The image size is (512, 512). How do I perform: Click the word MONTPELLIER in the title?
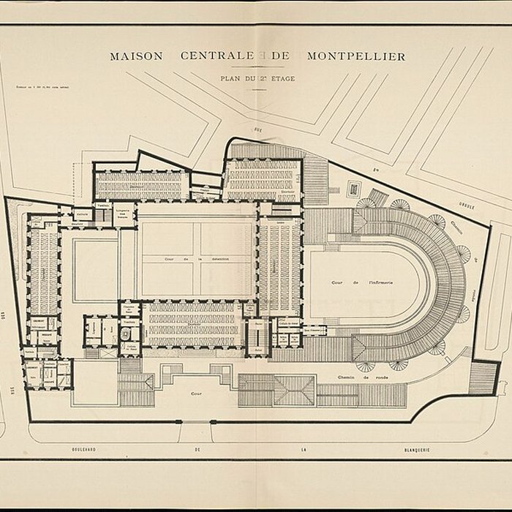pos(356,56)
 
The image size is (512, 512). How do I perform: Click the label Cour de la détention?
pos(198,259)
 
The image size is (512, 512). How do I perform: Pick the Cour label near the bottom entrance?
pos(196,393)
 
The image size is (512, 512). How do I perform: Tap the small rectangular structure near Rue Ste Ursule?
pos(354,189)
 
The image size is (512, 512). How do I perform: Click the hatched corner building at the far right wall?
pos(483,377)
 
